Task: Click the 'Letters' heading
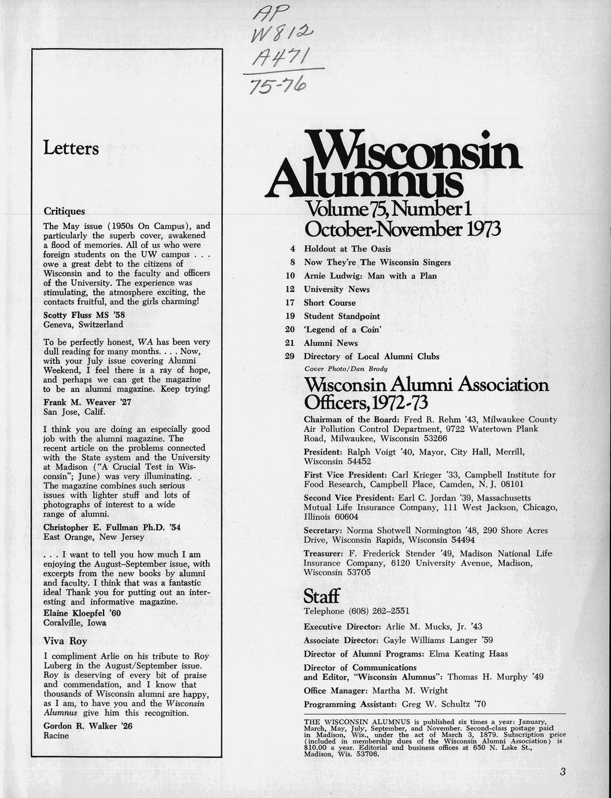coord(71,149)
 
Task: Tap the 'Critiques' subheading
coord(64,212)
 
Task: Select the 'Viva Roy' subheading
coord(65,641)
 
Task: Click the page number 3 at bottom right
coord(562,771)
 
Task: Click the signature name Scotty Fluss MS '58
coord(84,315)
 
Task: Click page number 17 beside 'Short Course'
coord(290,303)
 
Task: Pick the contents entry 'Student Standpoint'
coord(342,316)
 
